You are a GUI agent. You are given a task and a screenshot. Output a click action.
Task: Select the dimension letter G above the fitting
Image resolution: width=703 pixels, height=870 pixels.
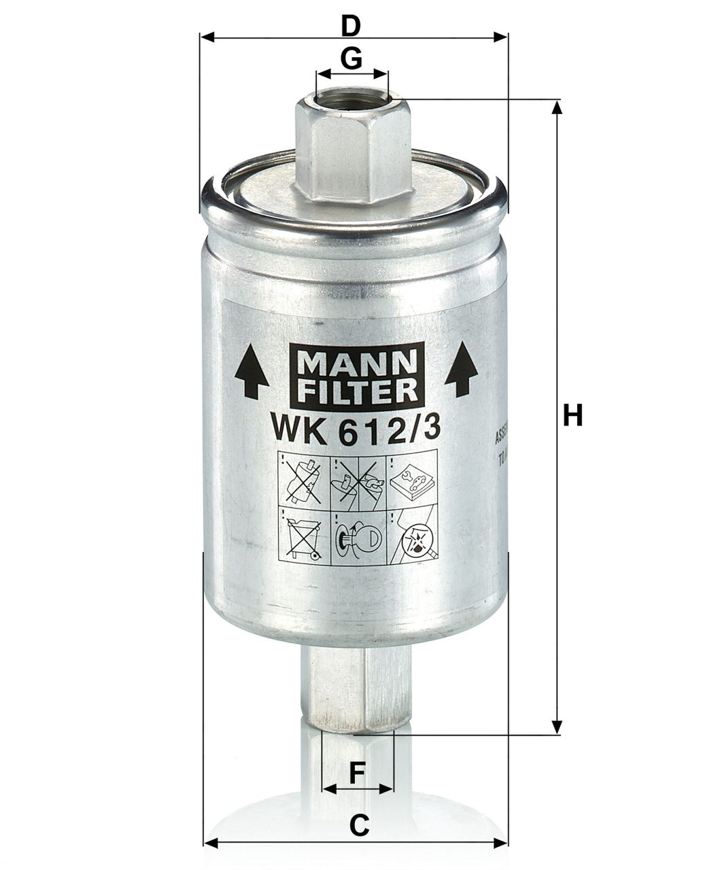(351, 59)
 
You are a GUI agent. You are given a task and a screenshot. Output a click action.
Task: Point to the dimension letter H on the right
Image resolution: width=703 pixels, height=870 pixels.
(573, 415)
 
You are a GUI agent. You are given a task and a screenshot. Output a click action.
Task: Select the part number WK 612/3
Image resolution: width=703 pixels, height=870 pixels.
(356, 430)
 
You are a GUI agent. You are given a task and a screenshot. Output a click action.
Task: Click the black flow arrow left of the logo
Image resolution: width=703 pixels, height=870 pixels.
(251, 371)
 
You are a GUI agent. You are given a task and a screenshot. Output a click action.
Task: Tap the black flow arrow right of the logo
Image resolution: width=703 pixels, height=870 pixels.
(462, 370)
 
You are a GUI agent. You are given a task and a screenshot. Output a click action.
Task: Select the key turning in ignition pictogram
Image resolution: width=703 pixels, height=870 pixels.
(358, 536)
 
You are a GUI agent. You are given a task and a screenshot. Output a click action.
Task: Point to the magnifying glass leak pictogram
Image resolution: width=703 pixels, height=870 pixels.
(413, 536)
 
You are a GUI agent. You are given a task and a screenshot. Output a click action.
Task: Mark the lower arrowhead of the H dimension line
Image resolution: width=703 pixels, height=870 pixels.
(557, 727)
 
